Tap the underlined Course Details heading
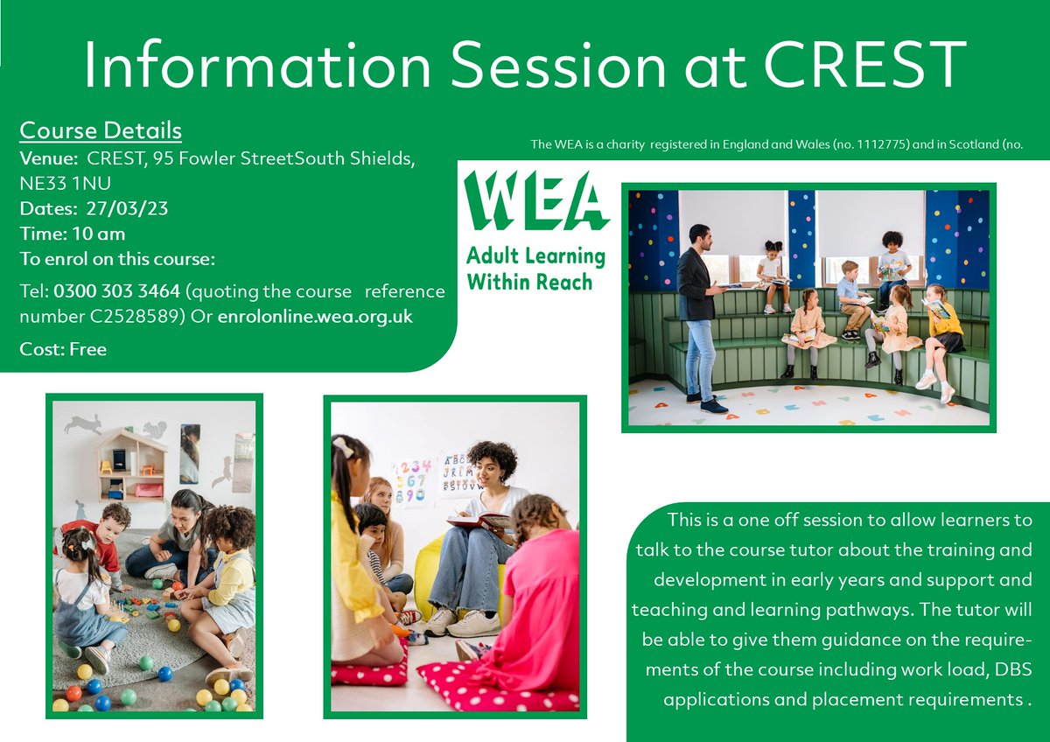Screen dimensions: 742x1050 click(101, 131)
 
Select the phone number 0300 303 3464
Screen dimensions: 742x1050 click(117, 290)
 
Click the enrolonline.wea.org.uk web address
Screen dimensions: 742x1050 click(315, 316)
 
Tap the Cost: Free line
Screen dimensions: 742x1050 click(63, 349)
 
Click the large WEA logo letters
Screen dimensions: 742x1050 click(535, 201)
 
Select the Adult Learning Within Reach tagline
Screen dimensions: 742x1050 click(535, 269)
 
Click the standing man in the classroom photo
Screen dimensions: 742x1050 click(701, 315)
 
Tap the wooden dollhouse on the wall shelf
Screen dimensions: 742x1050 click(131, 463)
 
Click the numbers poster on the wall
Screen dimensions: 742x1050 click(412, 480)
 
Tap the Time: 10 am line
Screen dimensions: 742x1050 click(73, 234)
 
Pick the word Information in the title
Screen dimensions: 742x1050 click(257, 65)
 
